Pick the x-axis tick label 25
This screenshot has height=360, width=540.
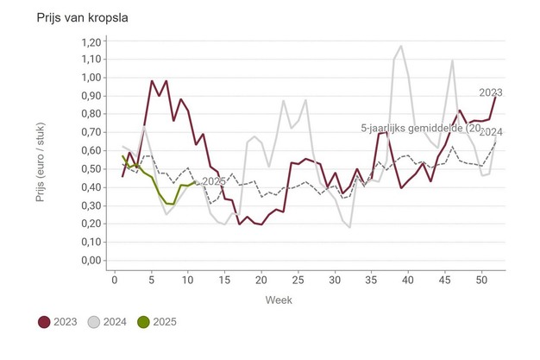298,278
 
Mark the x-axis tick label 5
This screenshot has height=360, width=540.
151,278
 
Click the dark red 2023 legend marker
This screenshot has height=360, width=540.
44,322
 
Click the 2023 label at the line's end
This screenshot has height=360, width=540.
491,92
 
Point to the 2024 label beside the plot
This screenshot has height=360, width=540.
491,132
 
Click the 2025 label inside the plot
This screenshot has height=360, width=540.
213,181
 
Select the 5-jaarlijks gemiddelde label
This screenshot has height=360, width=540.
417,128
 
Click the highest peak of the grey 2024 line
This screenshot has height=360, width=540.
401,46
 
